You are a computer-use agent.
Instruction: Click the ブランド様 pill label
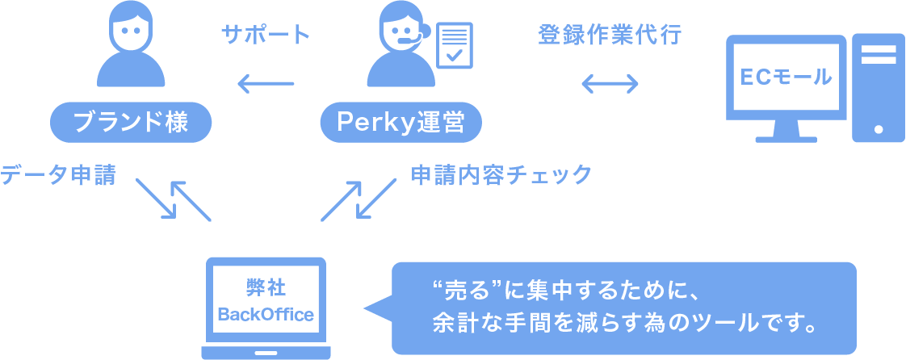[x=130, y=122]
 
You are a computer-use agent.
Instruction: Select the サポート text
[x=266, y=35]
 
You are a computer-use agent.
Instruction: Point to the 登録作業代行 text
[x=610, y=35]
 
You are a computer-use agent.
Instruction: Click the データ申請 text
[x=58, y=174]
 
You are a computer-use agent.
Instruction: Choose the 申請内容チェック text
[x=501, y=174]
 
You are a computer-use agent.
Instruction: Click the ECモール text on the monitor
[x=786, y=77]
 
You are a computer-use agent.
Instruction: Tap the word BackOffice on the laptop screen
[x=266, y=314]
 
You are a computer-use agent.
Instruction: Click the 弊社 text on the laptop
[x=266, y=287]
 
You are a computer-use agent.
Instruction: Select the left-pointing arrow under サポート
[x=265, y=83]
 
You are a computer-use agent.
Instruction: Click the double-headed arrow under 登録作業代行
[x=610, y=83]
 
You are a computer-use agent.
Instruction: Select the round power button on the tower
[x=878, y=128]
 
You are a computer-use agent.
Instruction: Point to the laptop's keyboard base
[x=266, y=353]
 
